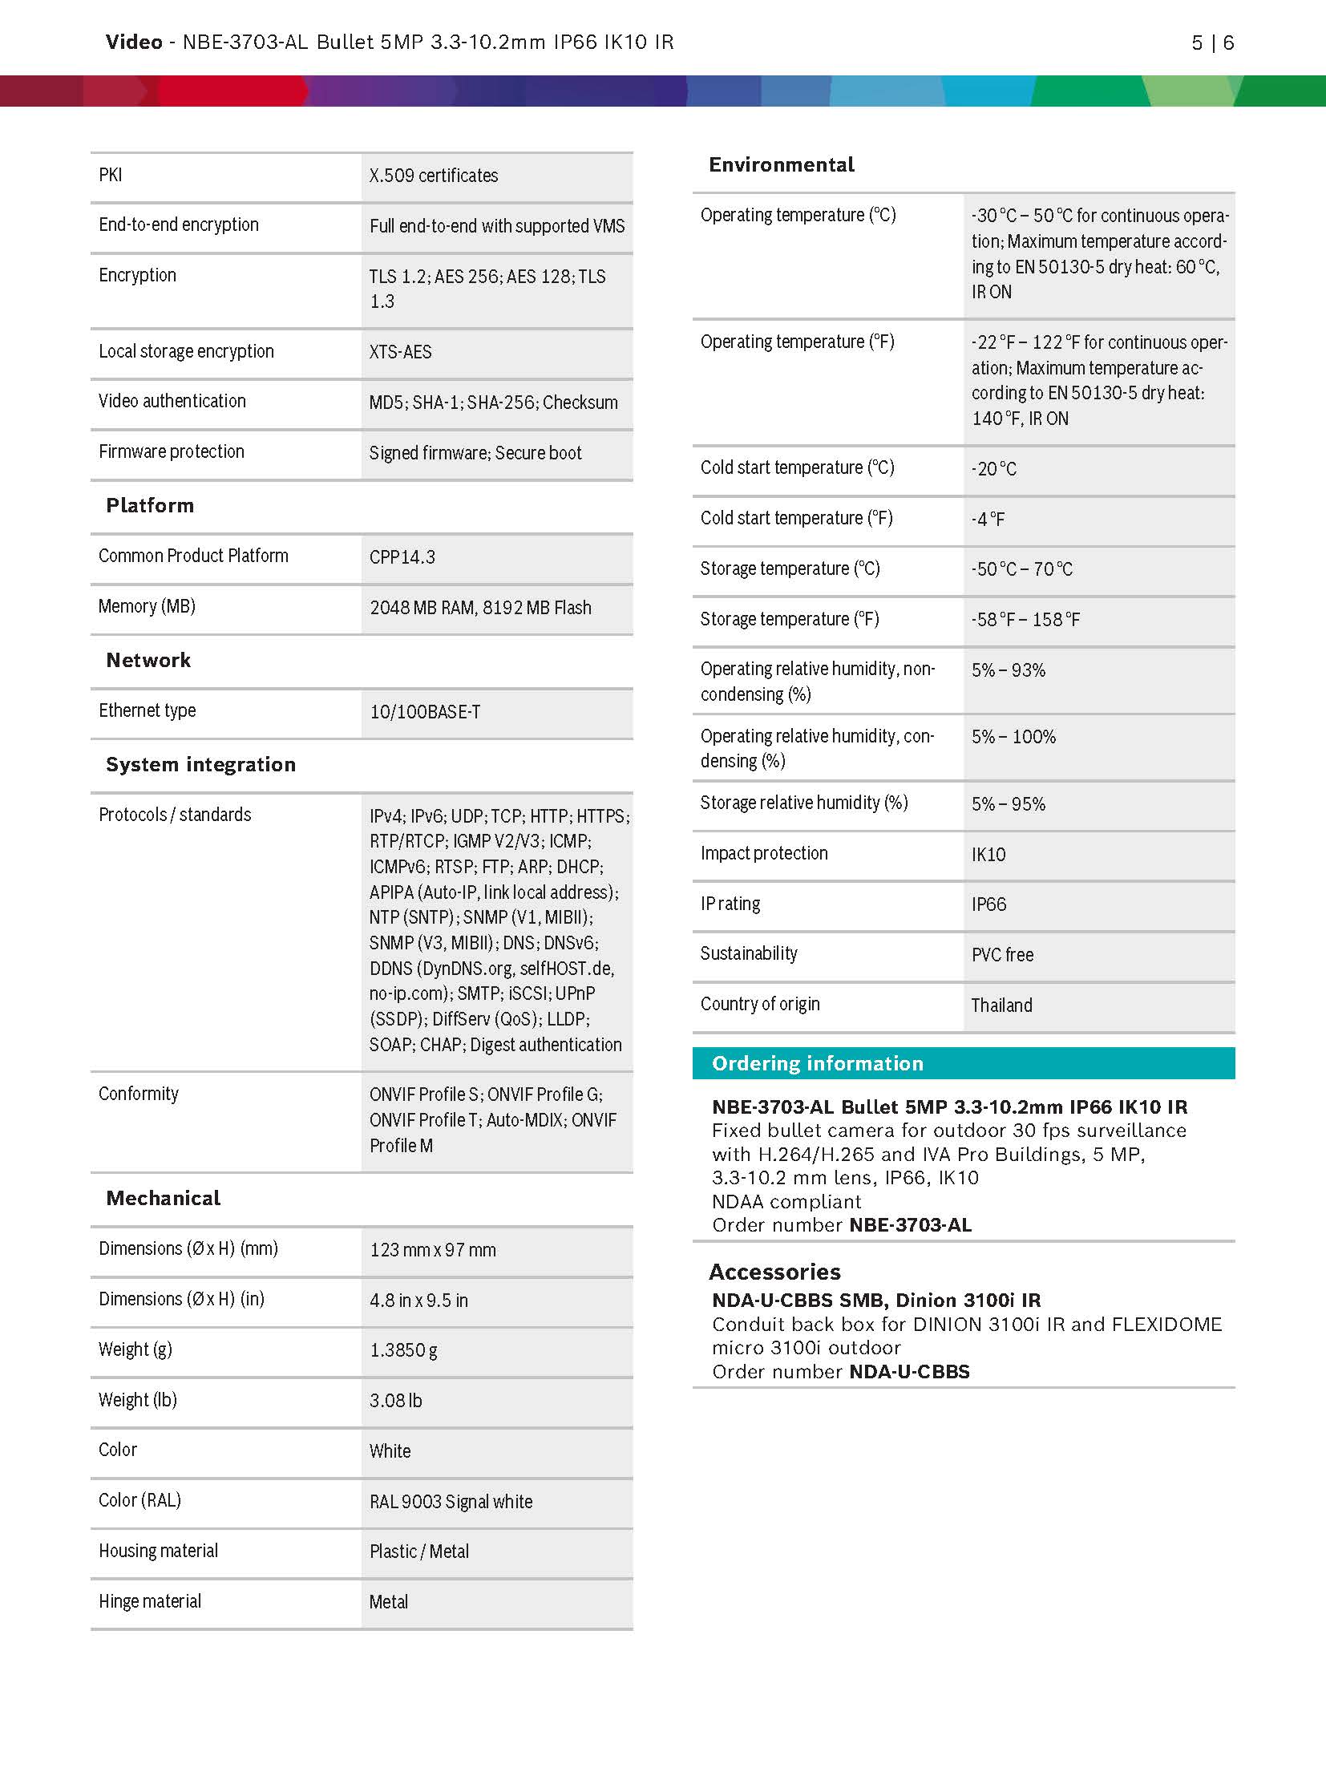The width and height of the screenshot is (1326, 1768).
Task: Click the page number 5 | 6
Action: [1212, 43]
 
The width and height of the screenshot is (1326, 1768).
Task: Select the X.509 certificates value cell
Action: [434, 176]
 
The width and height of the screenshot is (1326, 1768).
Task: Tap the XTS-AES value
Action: [400, 352]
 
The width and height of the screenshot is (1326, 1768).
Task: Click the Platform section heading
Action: [150, 506]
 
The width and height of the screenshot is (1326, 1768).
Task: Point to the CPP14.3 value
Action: [402, 557]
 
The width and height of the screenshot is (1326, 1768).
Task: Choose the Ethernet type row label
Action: [147, 710]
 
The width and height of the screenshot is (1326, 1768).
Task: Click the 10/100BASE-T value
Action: [425, 712]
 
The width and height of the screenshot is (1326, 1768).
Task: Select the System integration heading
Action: [200, 765]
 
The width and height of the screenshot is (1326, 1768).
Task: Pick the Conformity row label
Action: [139, 1094]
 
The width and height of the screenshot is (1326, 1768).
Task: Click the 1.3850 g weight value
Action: [403, 1350]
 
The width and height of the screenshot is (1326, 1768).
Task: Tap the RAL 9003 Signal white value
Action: [451, 1502]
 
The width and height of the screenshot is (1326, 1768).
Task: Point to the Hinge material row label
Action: [150, 1601]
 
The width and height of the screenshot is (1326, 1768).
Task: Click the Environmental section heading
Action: [782, 165]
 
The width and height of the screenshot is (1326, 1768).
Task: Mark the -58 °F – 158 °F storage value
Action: [1025, 620]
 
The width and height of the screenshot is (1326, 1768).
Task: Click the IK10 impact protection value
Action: [988, 855]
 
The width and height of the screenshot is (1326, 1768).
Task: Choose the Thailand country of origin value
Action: [1001, 1005]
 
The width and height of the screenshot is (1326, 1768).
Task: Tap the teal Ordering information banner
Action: [963, 1063]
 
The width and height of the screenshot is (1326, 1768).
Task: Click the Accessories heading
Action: [774, 1272]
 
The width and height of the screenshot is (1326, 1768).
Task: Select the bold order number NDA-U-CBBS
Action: [909, 1372]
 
